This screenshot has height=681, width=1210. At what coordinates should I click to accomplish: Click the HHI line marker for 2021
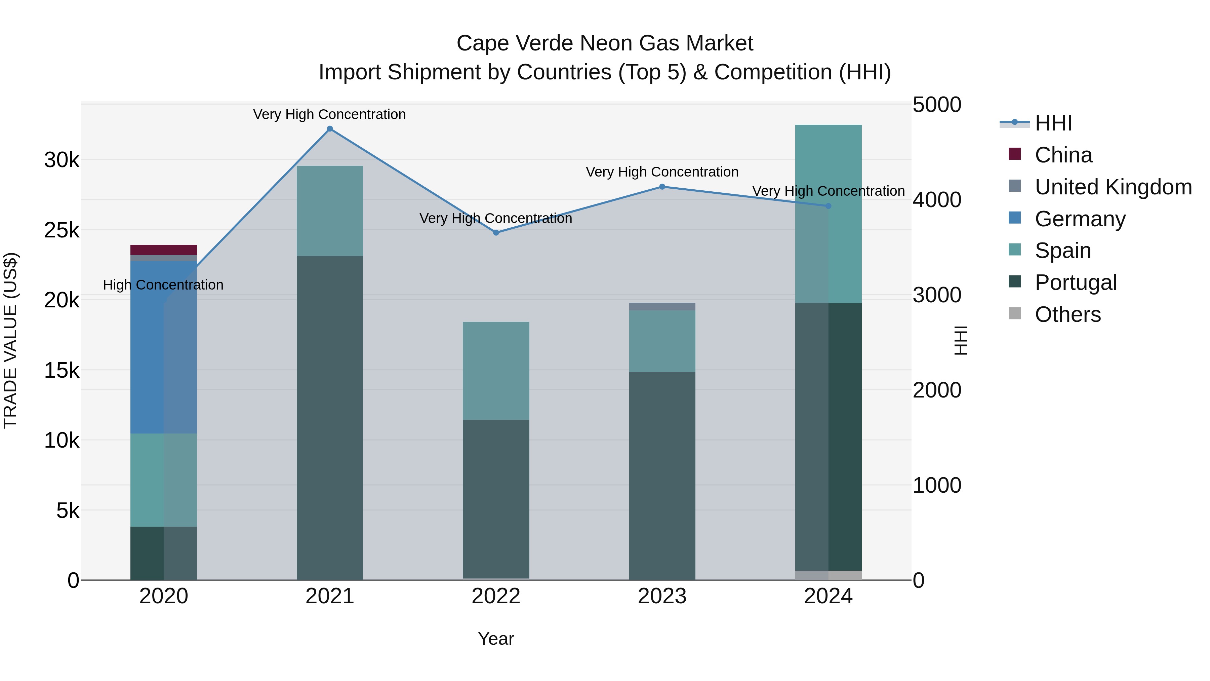(330, 129)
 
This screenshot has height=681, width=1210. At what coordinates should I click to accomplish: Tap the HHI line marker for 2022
(496, 233)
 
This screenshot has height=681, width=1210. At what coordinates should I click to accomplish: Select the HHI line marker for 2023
(662, 187)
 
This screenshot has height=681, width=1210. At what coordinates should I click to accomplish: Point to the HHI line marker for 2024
(829, 206)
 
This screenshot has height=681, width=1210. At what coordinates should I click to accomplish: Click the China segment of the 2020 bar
(163, 250)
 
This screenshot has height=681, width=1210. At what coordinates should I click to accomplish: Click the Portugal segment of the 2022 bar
(496, 498)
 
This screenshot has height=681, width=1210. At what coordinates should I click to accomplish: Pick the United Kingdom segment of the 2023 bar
(662, 306)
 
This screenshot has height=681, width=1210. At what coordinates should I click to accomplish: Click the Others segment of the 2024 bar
(829, 575)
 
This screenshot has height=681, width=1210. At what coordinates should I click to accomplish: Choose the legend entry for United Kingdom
(1113, 187)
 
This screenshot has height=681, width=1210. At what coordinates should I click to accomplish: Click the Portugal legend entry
(1075, 282)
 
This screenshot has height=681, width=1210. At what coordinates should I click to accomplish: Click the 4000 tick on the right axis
(937, 200)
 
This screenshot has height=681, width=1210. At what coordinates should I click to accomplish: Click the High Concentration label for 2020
(163, 285)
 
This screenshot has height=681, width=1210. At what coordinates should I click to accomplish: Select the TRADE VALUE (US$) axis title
(10, 340)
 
